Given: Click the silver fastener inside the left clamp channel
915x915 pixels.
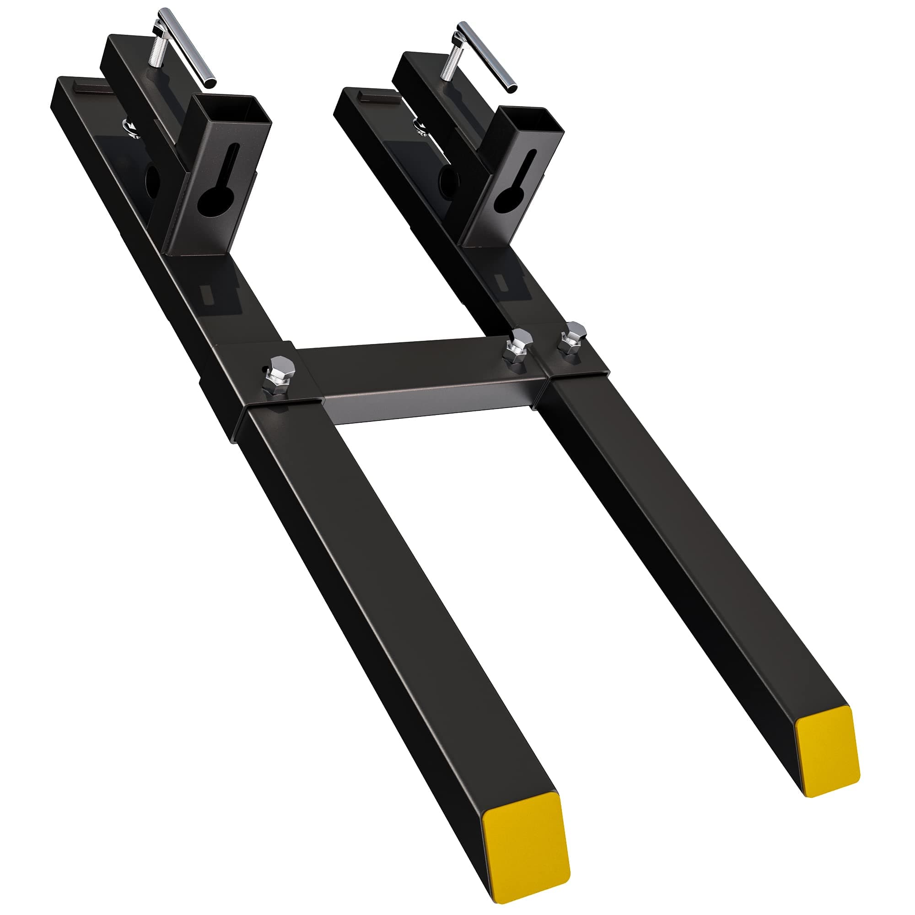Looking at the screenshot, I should click(x=131, y=128).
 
